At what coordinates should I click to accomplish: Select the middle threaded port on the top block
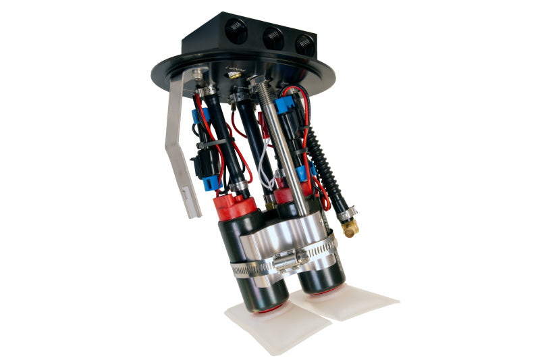pos(272,37)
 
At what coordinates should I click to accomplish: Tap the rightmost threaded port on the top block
pos(304,44)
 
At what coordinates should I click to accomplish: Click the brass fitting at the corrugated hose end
pos(350,227)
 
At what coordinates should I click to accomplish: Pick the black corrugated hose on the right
pos(327,169)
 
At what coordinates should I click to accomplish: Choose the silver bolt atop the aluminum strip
pos(198,73)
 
